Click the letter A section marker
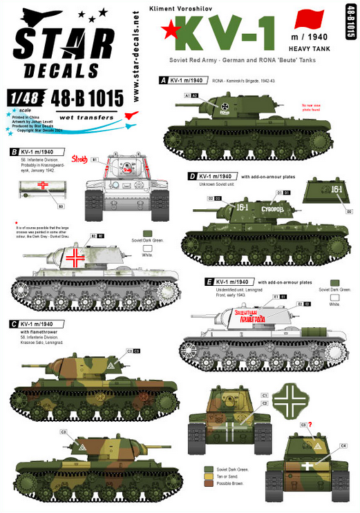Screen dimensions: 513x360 (163, 81)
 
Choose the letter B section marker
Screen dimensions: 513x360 (14, 151)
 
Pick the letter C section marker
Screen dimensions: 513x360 (14, 323)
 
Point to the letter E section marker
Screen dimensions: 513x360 (209, 282)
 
